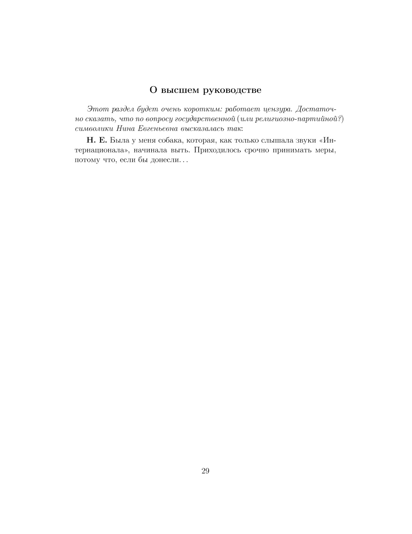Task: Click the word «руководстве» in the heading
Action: click(x=232, y=90)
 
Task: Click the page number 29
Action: click(x=206, y=471)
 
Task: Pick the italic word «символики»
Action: click(x=94, y=128)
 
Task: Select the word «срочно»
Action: click(x=257, y=150)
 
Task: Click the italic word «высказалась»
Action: click(x=202, y=128)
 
